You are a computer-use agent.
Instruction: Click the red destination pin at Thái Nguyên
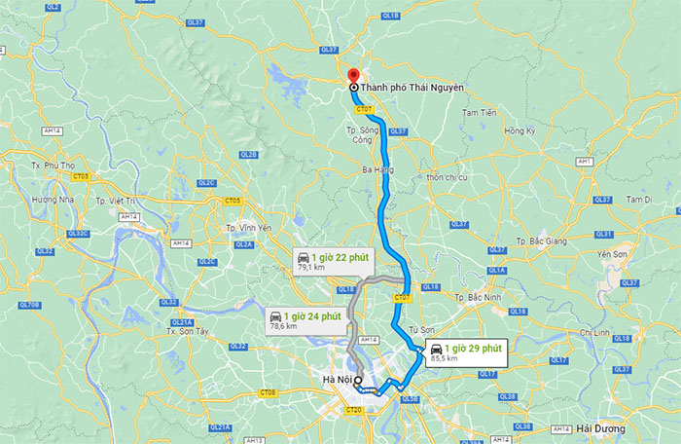point(353,75)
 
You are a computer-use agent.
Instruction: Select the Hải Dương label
point(595,429)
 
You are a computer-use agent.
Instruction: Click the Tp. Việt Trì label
point(122,201)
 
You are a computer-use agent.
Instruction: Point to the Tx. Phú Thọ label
point(54,166)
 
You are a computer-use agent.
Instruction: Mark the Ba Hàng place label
point(376,169)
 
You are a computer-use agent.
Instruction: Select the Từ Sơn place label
point(448,330)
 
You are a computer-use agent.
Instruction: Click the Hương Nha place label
point(53,200)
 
